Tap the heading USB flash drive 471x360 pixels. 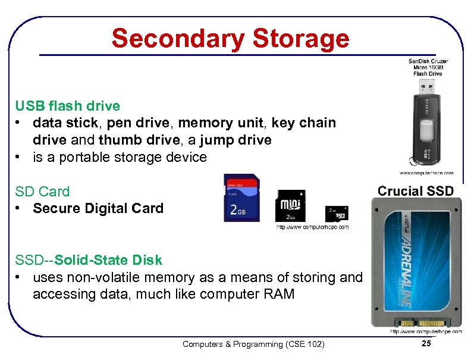click(x=67, y=107)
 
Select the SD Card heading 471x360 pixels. click(x=42, y=192)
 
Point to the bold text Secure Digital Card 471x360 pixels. click(x=98, y=208)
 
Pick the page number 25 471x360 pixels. click(x=425, y=344)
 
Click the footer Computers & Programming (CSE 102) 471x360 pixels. click(x=253, y=344)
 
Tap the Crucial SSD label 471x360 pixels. click(x=416, y=191)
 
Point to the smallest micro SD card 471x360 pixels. click(x=336, y=213)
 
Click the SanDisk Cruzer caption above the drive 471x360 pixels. click(x=428, y=67)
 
